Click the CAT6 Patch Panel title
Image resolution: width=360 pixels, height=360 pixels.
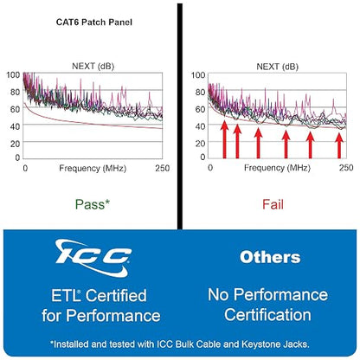94,22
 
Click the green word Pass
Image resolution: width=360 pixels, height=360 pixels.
89,204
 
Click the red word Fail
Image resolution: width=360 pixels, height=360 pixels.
273,204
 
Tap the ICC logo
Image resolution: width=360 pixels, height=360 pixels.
93,257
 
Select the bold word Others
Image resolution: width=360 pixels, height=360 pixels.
270,257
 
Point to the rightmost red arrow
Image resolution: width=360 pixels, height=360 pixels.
339,145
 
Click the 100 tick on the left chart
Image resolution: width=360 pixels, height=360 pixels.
13,75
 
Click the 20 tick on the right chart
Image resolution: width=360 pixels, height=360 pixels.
200,144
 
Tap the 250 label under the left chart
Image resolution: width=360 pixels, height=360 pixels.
163,168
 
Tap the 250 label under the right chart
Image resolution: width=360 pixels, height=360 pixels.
346,168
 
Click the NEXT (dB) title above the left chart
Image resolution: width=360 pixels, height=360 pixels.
93,67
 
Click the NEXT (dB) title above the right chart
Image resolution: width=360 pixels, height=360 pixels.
277,67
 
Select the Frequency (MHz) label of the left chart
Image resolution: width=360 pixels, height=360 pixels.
93,169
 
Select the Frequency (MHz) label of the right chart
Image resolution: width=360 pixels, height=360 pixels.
277,168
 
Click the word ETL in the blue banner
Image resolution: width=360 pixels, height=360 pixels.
65,296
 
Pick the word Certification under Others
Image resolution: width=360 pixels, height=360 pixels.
267,315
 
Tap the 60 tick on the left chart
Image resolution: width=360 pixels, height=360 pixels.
15,109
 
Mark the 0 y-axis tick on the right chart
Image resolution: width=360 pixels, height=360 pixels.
202,157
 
